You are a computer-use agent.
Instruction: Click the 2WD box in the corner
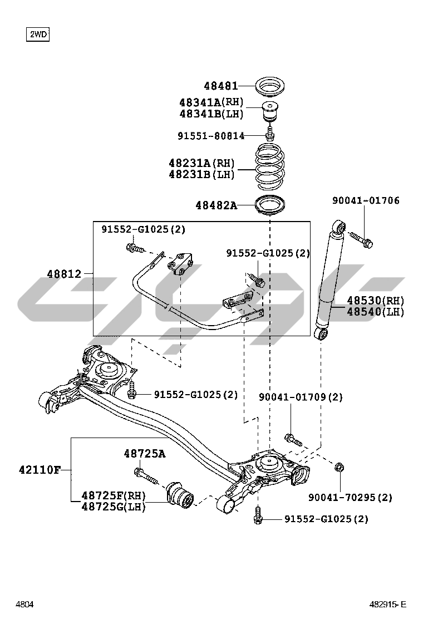(38, 35)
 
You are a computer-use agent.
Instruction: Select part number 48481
(220, 86)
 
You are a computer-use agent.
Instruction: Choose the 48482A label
(216, 205)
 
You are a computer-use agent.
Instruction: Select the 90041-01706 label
(366, 200)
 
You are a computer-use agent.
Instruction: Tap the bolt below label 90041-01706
(361, 239)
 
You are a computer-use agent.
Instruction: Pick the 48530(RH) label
(376, 301)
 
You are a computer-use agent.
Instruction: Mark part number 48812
(64, 274)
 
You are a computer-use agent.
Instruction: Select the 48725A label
(144, 454)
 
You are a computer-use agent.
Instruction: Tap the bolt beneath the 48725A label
(146, 476)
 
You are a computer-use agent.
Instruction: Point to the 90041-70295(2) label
(350, 497)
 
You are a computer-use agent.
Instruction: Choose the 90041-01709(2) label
(301, 397)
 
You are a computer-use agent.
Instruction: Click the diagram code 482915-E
(387, 604)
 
